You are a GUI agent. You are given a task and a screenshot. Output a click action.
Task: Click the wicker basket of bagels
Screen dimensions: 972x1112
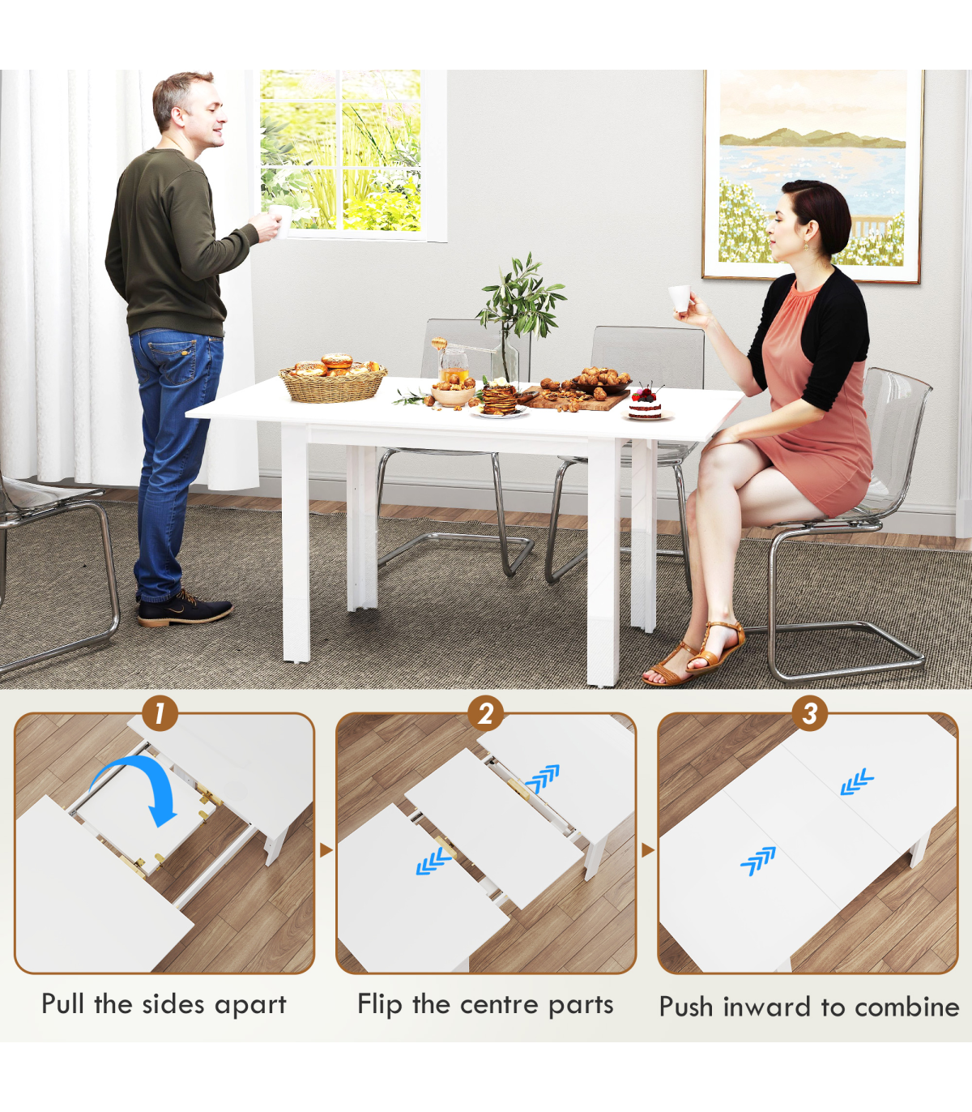click(x=332, y=383)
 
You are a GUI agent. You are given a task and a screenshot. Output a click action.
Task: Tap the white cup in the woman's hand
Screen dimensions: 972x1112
click(x=679, y=299)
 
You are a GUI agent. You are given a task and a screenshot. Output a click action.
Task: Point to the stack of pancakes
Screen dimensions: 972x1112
click(x=499, y=400)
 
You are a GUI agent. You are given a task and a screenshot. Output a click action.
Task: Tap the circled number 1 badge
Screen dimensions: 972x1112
click(x=160, y=713)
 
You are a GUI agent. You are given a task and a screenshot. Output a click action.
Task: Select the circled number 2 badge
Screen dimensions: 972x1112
click(x=485, y=713)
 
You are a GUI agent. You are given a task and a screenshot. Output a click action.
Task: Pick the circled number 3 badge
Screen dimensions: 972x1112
click(x=810, y=713)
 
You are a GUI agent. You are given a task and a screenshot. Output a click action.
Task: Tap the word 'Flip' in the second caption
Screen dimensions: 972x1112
click(x=380, y=1004)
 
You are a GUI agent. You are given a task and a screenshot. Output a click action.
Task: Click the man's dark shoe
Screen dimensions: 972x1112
click(x=185, y=608)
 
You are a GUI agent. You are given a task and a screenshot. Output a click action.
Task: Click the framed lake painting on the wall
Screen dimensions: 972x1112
click(x=813, y=175)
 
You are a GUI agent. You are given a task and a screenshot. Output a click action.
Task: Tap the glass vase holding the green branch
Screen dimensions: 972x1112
click(x=505, y=358)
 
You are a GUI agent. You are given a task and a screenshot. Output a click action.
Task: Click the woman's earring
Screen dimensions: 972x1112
click(x=806, y=246)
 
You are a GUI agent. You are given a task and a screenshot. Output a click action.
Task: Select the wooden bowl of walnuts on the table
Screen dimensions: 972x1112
click(x=452, y=393)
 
